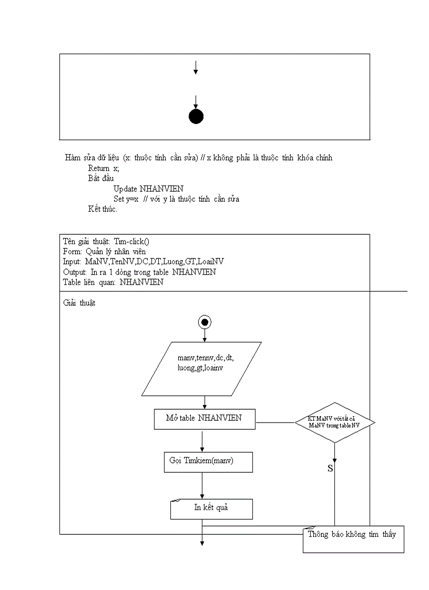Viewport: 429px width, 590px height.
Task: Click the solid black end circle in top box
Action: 196,117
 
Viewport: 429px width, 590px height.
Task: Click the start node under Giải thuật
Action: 205,322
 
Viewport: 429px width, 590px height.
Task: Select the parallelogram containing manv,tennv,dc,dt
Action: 201,368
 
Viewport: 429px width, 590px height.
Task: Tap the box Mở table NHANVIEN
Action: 204,418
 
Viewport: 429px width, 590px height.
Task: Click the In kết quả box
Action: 211,508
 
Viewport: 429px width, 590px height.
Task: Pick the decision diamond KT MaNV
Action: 334,422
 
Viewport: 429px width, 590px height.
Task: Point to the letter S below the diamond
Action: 330,468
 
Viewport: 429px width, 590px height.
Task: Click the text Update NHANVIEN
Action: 148,189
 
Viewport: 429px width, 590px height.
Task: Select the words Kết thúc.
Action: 103,210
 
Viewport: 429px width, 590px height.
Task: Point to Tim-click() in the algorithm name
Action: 131,241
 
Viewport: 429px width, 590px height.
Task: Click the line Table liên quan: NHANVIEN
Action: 113,282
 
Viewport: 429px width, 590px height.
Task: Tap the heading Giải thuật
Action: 79,303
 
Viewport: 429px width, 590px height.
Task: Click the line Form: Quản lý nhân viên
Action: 104,251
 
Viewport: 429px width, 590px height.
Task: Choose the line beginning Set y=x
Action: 176,199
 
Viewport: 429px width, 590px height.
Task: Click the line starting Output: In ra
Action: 139,272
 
